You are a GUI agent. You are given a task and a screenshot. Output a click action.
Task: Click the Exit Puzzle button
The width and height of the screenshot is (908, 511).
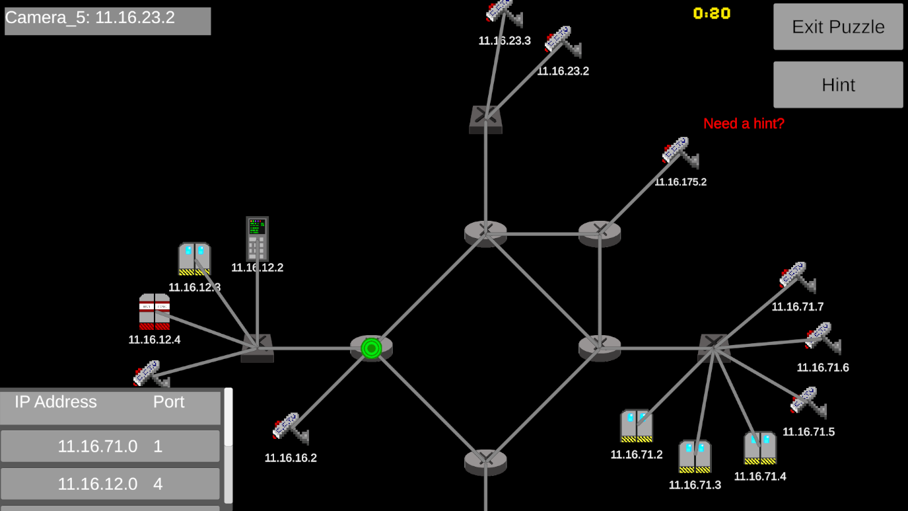tap(837, 26)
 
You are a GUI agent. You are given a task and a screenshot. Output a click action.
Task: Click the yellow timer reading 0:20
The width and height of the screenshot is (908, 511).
tap(711, 13)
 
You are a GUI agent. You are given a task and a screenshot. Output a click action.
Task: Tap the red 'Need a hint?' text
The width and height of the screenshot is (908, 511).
tap(744, 124)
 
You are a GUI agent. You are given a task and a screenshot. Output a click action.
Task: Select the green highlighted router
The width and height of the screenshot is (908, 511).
tap(371, 347)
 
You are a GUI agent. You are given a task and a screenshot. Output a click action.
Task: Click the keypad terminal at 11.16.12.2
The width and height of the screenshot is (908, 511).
tap(257, 238)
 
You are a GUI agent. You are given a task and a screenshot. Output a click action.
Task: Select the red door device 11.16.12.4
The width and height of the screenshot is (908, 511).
tap(155, 311)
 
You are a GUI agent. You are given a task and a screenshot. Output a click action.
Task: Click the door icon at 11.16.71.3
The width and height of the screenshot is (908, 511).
tap(695, 456)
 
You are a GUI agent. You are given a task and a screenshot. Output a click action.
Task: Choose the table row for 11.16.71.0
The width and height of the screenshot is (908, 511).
tap(110, 446)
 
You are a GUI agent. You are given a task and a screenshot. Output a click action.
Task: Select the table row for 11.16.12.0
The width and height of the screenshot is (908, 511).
tap(110, 484)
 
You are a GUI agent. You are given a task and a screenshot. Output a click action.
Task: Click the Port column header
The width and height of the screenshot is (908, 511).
tap(168, 402)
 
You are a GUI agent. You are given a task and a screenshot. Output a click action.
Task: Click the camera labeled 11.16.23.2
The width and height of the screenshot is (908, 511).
tap(562, 42)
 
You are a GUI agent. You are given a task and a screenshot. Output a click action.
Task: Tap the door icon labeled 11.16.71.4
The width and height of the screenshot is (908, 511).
tap(760, 448)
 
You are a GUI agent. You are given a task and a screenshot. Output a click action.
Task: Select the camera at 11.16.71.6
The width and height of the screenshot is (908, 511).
tap(821, 338)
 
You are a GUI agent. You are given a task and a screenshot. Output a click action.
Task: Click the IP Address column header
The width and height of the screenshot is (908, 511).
tap(55, 402)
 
